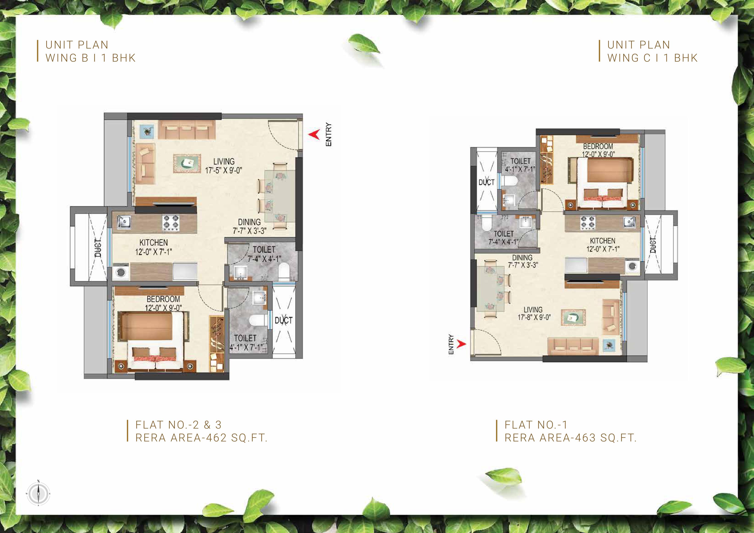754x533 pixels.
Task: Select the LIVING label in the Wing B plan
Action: [224, 161]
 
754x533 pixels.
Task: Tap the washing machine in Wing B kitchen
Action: [121, 272]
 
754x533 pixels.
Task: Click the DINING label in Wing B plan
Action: [249, 222]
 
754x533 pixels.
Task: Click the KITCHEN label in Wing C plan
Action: [603, 241]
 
